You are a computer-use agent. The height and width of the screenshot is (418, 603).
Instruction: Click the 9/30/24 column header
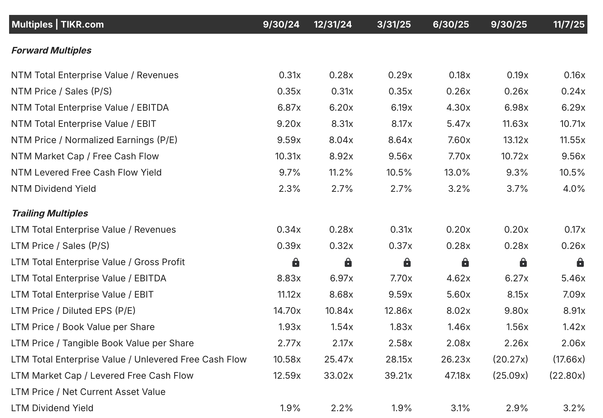[281, 24]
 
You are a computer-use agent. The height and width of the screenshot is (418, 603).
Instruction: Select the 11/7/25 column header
[569, 24]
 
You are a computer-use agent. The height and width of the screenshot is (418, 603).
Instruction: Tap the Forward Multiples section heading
[51, 50]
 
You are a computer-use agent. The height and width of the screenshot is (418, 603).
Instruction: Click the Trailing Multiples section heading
[50, 213]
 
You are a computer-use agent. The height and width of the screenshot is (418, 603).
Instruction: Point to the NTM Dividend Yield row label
[54, 189]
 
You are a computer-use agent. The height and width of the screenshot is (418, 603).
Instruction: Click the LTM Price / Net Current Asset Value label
[88, 392]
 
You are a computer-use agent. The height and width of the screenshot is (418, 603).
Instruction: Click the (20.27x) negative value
[510, 359]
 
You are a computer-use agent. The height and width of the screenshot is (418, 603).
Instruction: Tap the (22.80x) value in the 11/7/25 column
[567, 375]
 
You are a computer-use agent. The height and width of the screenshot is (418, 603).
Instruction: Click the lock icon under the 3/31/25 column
[407, 262]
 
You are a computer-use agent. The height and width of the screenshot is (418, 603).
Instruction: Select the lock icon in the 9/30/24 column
[296, 262]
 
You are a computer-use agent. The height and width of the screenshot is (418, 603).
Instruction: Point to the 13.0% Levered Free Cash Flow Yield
[457, 172]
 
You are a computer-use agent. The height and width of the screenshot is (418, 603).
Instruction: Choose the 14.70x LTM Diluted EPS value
[287, 311]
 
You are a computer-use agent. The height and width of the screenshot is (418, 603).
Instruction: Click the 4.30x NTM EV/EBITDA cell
[458, 107]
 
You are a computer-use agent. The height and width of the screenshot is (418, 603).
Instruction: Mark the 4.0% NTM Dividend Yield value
[574, 189]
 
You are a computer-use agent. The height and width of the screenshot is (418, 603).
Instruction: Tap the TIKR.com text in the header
[82, 24]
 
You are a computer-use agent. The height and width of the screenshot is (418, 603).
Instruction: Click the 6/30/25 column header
[451, 24]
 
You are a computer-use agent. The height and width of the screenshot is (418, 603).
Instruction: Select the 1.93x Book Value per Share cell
[289, 327]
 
